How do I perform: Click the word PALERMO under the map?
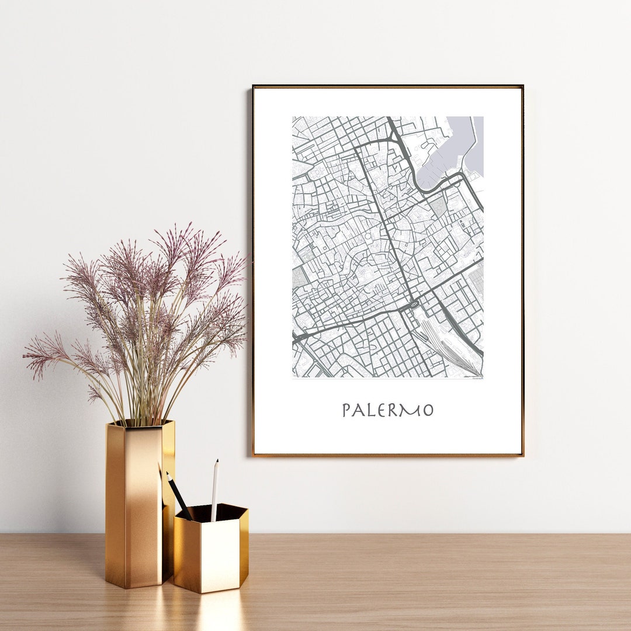[x=387, y=410]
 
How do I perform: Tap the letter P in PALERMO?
[x=346, y=410]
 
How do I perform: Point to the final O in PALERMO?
[x=428, y=411]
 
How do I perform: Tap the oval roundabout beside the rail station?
[x=414, y=305]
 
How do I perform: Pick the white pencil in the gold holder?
[x=214, y=491]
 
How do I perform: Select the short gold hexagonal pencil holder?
[x=210, y=552]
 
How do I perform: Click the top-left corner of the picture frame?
[x=254, y=87]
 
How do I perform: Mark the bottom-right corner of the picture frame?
[x=522, y=455]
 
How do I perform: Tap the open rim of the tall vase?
[x=140, y=423]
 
